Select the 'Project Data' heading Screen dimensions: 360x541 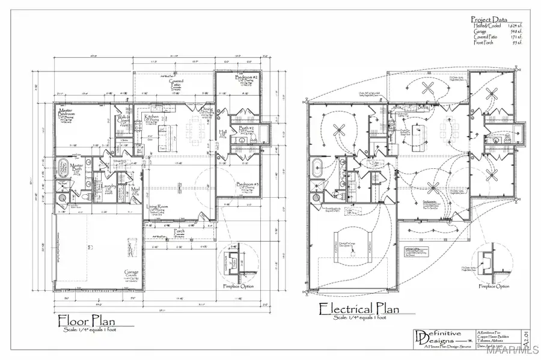(489, 19)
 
